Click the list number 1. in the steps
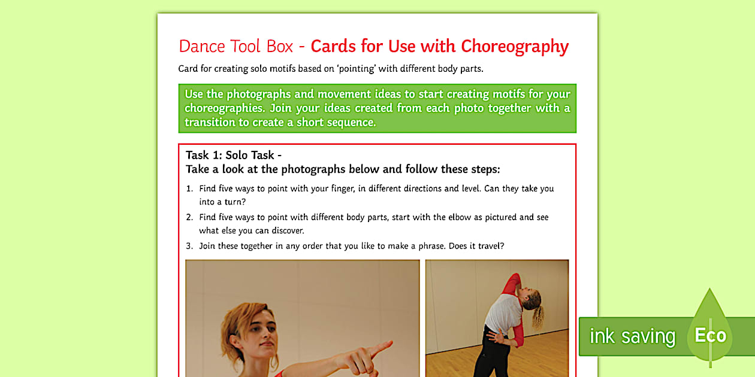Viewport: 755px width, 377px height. pos(189,188)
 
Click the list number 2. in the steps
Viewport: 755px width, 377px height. pos(189,217)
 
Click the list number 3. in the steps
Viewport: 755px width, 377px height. pos(189,246)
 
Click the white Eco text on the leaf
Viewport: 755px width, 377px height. pos(710,336)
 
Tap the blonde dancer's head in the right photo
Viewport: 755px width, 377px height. pos(532,299)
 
